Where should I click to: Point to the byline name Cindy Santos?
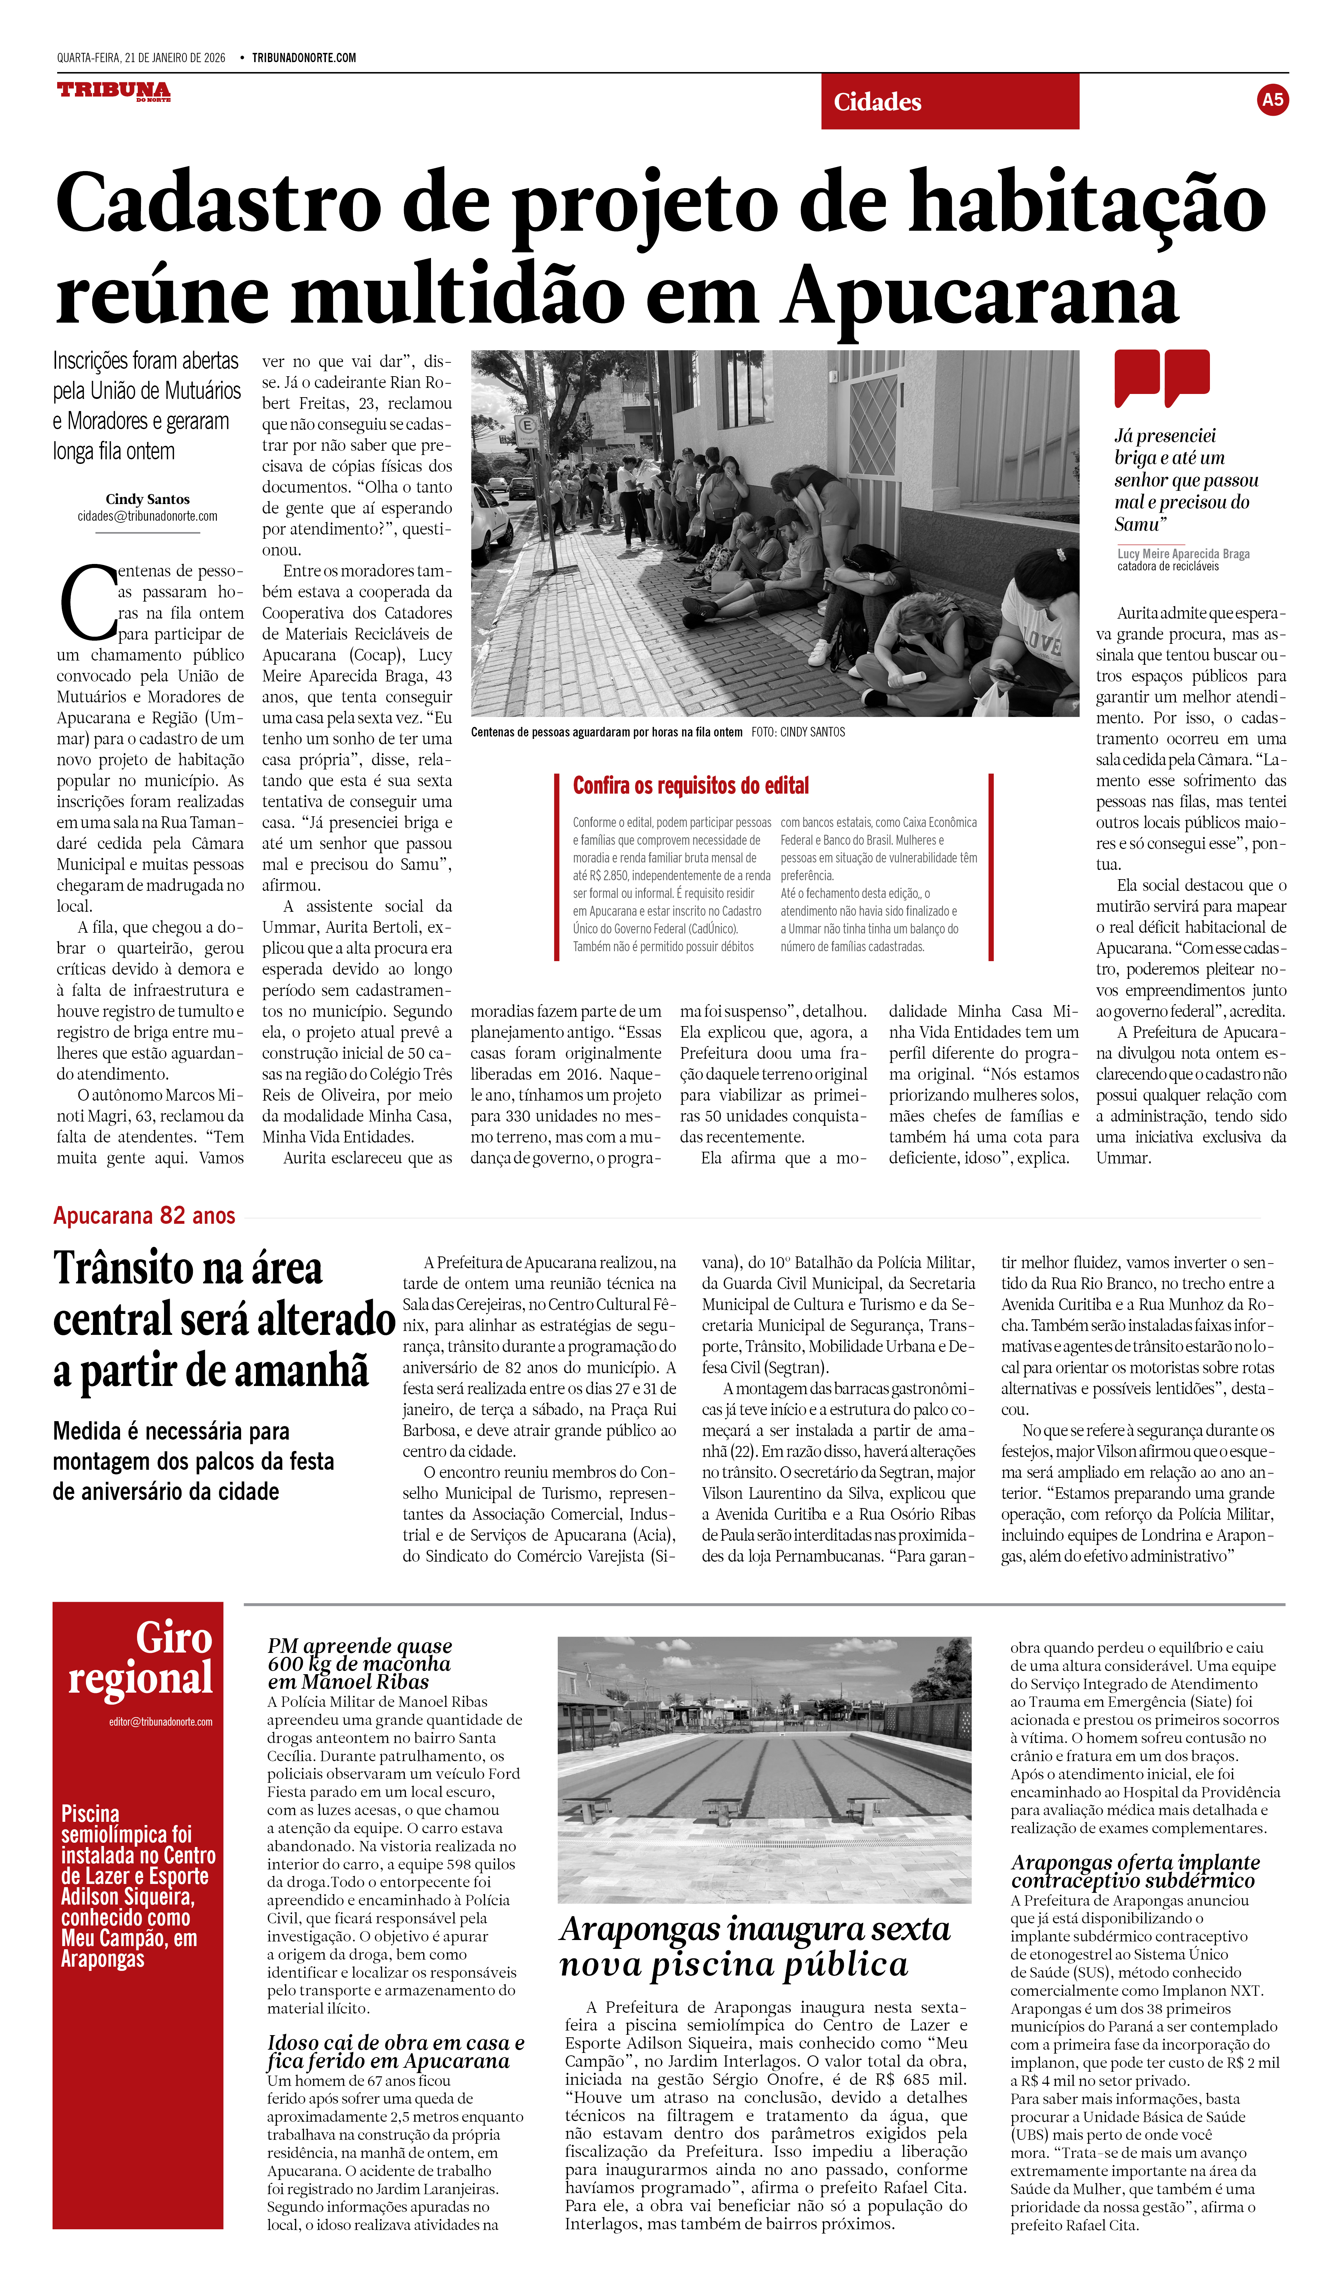148,499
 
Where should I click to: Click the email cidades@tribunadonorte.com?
148,516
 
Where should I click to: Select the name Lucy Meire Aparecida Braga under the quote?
1183,553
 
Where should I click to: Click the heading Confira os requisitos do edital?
691,785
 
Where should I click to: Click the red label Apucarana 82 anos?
144,1216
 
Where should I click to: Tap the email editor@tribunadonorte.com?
160,1721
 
